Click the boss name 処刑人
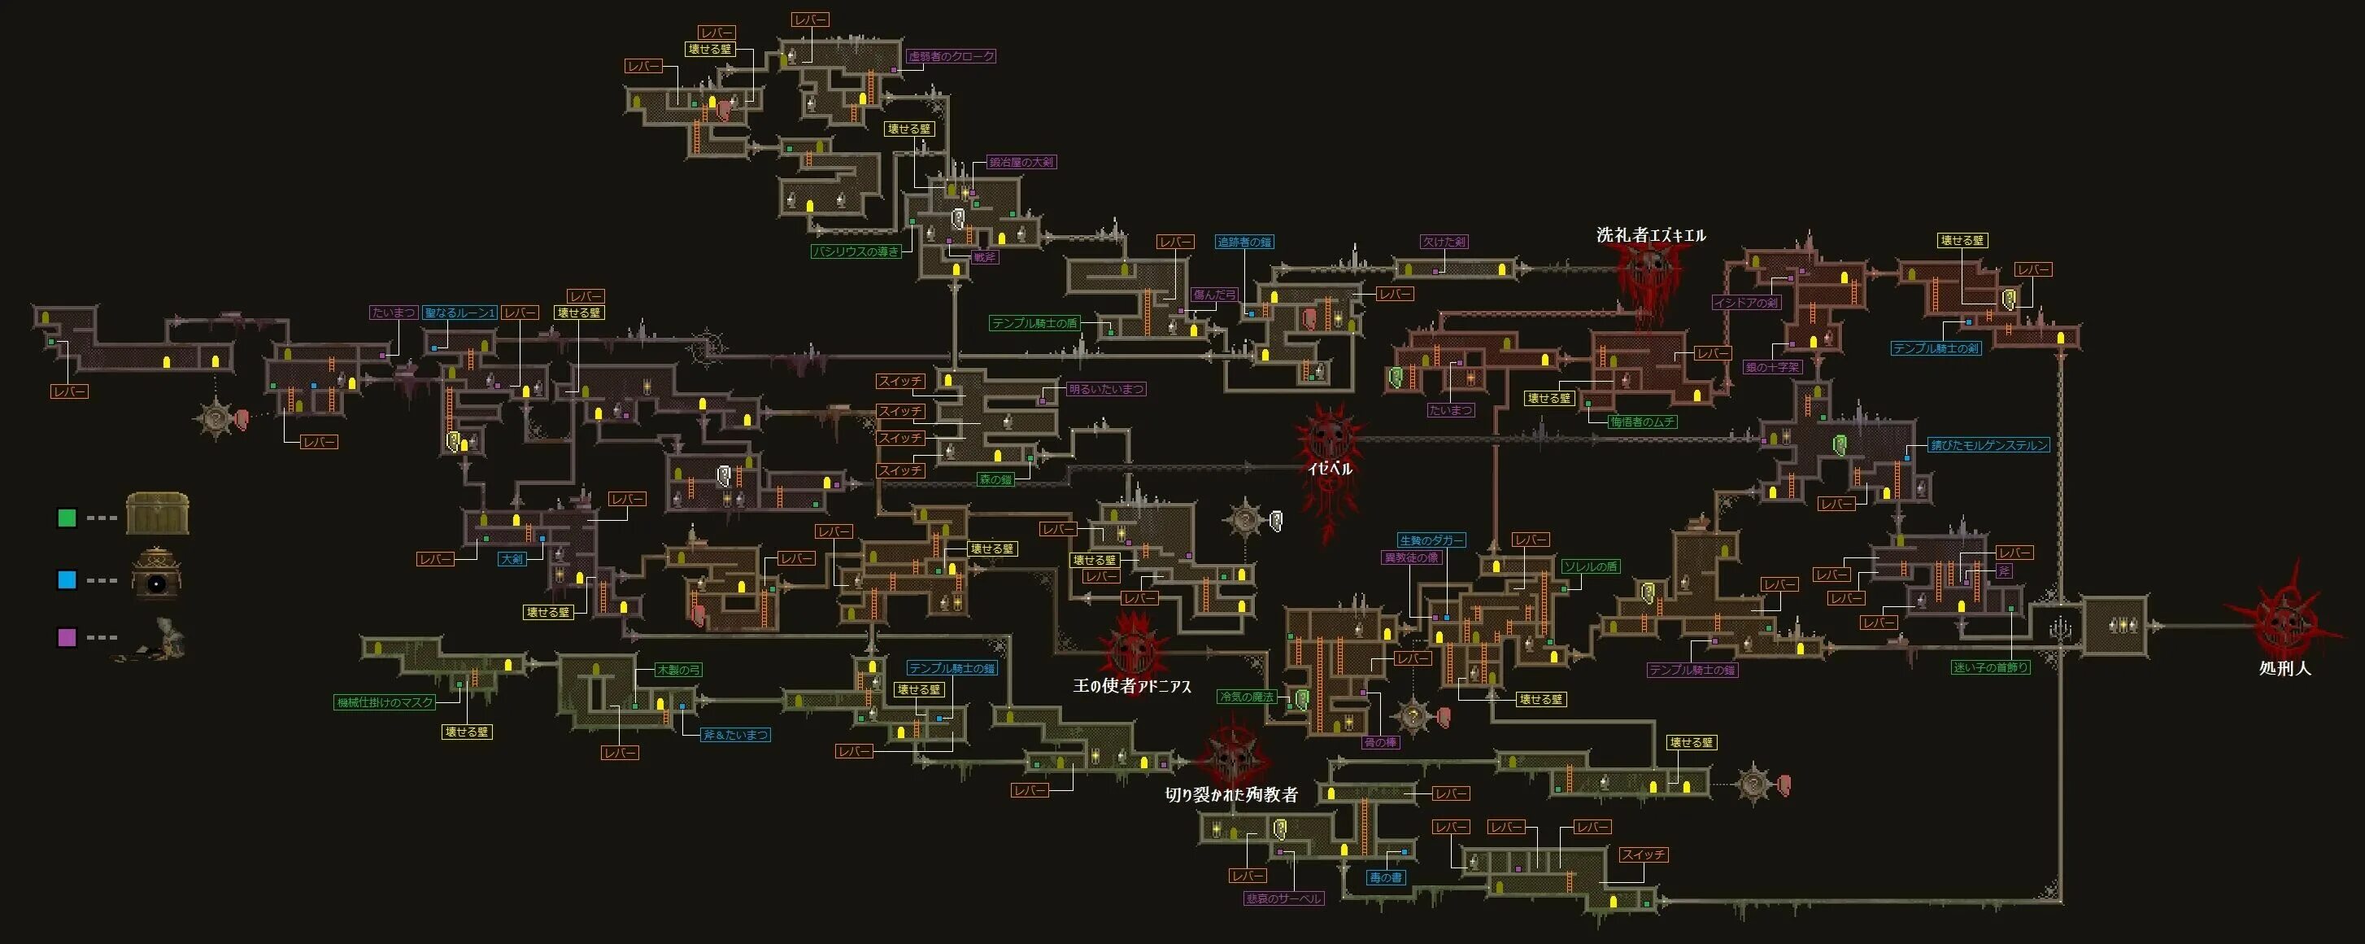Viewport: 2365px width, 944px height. click(x=2284, y=668)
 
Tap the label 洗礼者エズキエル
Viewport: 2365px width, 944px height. click(x=1651, y=235)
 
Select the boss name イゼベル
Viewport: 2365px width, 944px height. click(x=1330, y=468)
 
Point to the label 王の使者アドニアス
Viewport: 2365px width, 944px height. click(x=1132, y=686)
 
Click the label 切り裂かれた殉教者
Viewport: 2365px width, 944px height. click(x=1231, y=795)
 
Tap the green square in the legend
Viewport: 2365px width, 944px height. click(x=66, y=518)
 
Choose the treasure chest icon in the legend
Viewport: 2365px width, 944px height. click(x=157, y=514)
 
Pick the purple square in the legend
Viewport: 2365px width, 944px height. click(x=66, y=637)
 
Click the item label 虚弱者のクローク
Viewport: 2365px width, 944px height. click(x=952, y=56)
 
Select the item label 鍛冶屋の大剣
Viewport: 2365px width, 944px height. click(x=1021, y=163)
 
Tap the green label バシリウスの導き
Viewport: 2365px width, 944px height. click(x=856, y=251)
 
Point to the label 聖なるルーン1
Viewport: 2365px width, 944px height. click(x=459, y=313)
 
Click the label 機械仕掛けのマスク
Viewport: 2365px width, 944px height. click(x=385, y=702)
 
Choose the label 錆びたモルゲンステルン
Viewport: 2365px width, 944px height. click(x=1988, y=445)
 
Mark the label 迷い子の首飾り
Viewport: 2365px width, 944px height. click(x=1990, y=667)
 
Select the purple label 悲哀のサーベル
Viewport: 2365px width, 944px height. click(x=1283, y=899)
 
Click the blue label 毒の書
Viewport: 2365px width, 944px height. click(x=1385, y=878)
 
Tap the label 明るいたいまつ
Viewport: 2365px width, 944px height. click(x=1106, y=389)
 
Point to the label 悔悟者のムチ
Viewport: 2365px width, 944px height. click(x=1643, y=422)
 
